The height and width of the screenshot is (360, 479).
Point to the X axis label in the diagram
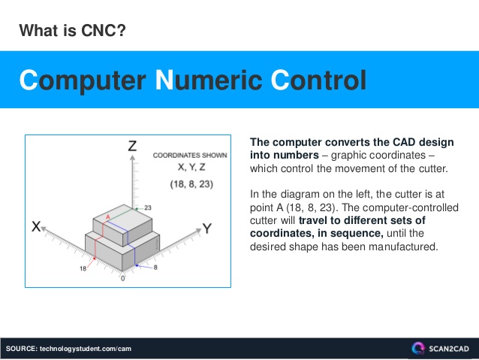click(37, 225)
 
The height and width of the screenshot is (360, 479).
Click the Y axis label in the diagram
click(206, 227)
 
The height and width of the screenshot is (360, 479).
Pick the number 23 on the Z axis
click(148, 207)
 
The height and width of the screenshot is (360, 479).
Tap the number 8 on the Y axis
click(155, 268)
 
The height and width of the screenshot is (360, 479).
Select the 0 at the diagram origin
click(123, 278)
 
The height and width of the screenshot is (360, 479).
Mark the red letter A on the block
click(108, 216)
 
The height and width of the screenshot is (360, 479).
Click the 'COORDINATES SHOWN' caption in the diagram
click(190, 156)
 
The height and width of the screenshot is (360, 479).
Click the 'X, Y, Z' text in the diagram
click(190, 168)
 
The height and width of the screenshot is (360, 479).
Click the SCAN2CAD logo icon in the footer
click(418, 348)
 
